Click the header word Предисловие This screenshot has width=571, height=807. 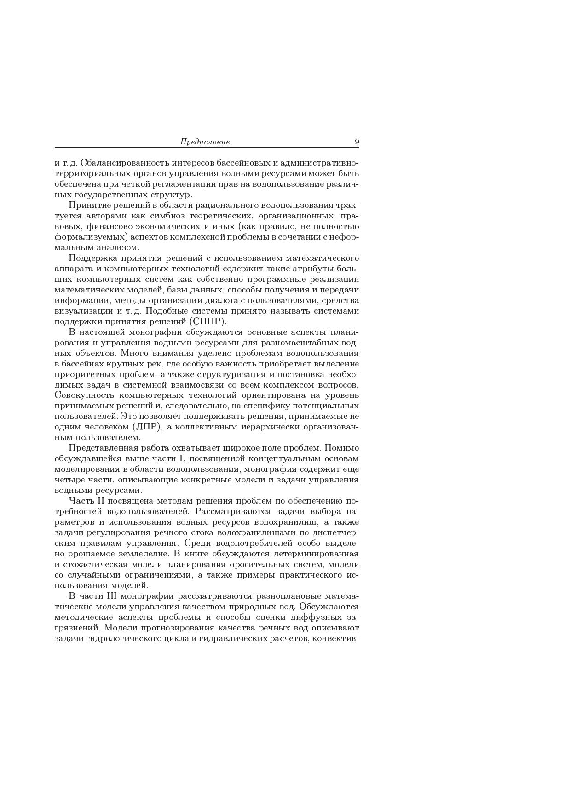point(205,142)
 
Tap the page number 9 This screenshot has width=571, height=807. point(357,142)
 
